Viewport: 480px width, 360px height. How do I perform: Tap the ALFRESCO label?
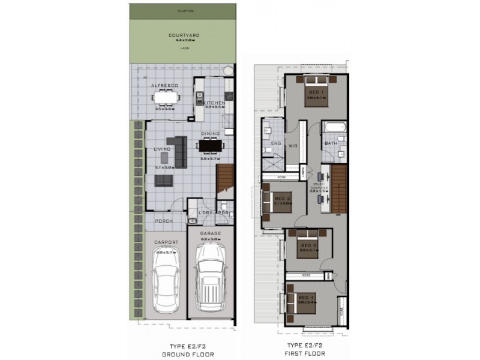coord(164,86)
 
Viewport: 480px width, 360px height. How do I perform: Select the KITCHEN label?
coord(214,103)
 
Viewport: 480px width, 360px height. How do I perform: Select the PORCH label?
coord(164,221)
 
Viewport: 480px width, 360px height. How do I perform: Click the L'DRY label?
coord(206,213)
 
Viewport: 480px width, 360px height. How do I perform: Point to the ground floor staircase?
coord(226,177)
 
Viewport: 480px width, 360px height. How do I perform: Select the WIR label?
coord(294,145)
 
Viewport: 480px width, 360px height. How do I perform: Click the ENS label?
coord(277,144)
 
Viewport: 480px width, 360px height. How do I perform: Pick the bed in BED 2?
coord(275,201)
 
